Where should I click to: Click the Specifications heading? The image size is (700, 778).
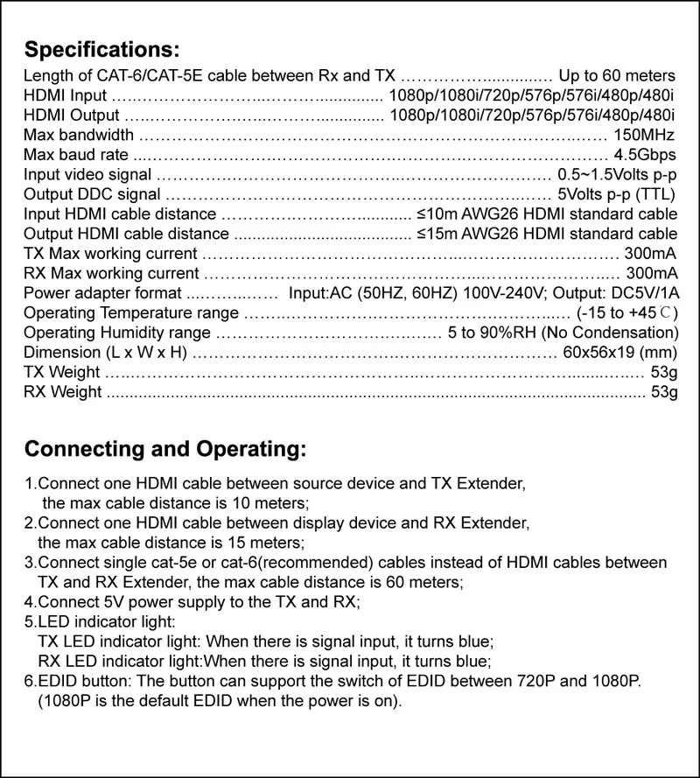pos(101,47)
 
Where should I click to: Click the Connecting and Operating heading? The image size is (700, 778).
pos(165,450)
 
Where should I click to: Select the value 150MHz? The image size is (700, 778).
pos(645,135)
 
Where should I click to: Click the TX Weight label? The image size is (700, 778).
pos(63,373)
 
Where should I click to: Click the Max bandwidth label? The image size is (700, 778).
pos(79,135)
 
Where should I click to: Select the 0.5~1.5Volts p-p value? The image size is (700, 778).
pos(617,174)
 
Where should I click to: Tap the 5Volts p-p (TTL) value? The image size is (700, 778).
pos(617,194)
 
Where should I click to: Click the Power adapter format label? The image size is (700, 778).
pos(102,293)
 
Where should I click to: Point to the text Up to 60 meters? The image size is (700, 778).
pos(617,75)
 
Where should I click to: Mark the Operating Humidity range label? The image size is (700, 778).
pos(117,333)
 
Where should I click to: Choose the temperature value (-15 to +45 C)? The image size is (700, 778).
pos(627,313)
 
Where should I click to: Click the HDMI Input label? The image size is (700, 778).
pos(66,95)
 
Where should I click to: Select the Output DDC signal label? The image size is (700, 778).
pos(92,194)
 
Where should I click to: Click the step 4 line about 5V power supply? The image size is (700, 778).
pos(198,602)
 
